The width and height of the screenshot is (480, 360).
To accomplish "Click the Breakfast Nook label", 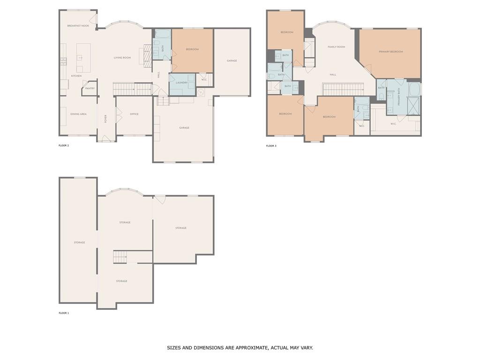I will tap(78, 26).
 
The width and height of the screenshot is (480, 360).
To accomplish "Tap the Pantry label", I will tap(90, 88).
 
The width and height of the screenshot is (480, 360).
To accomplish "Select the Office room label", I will tap(134, 114).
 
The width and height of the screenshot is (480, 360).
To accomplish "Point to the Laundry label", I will tap(182, 83).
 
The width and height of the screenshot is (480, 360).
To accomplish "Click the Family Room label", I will tap(336, 47).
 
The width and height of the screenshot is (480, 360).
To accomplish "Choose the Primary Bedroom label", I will tap(390, 52).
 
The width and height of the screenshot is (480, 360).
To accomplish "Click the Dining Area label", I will tap(78, 114).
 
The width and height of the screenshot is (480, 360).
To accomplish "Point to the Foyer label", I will tap(106, 119).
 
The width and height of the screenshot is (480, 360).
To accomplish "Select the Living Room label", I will tap(122, 58).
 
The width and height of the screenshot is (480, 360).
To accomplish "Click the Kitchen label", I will tap(76, 75).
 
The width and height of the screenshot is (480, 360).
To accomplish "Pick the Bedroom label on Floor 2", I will tap(192, 49).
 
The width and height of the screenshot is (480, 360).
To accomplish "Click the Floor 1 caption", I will tap(64, 313).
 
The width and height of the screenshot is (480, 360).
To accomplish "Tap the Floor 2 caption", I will tap(64, 145).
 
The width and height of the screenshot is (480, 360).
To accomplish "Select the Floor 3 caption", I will tap(271, 146).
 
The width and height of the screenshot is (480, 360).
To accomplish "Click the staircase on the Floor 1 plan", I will tap(120, 257).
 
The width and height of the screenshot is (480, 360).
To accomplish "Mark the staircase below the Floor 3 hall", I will tap(343, 89).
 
